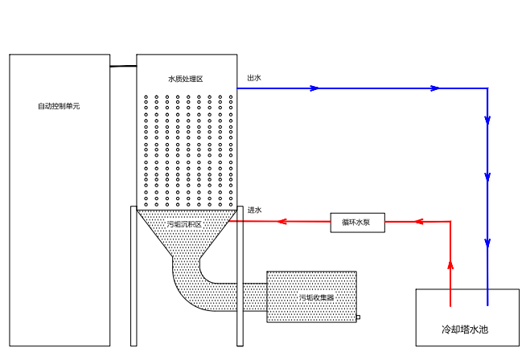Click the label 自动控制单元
[x=59, y=106]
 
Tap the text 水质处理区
[x=185, y=79]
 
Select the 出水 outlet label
[x=253, y=78]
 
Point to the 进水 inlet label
[x=254, y=210]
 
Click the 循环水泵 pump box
[x=358, y=222]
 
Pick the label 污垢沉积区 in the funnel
[x=184, y=224]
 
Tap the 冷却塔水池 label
[x=465, y=329]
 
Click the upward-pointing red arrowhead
[x=450, y=264]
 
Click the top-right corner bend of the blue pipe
[x=487, y=88]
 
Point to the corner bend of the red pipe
[x=450, y=221]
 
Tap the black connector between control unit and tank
[x=123, y=66]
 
